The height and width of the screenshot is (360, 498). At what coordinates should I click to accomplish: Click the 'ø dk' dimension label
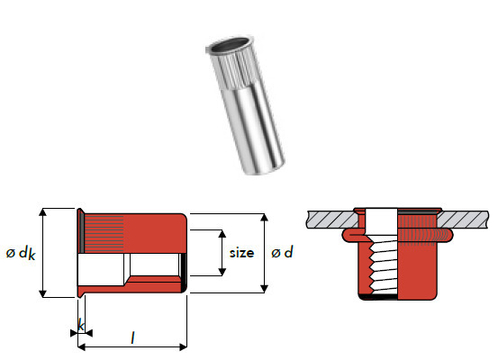(x=21, y=253)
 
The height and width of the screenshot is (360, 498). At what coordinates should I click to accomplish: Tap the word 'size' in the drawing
(x=241, y=253)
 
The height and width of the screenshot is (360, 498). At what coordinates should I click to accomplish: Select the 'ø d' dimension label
(x=282, y=252)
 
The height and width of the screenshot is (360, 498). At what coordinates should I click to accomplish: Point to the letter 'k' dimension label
(x=81, y=326)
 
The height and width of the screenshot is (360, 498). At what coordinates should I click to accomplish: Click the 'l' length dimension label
(x=132, y=337)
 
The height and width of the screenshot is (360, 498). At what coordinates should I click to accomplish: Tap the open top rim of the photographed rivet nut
(x=230, y=45)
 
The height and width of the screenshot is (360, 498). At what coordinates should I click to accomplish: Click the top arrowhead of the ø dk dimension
(x=42, y=212)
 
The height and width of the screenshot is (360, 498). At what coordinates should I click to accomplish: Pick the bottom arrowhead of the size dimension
(x=222, y=272)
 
